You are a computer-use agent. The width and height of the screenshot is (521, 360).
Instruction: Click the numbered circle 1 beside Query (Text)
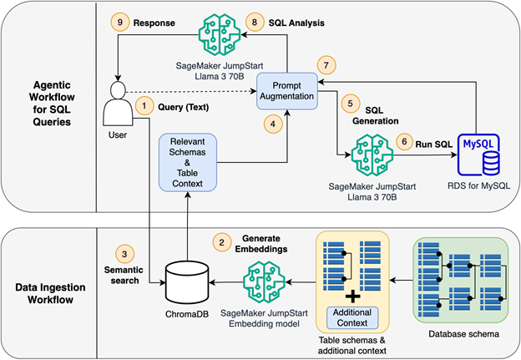pos(144,106)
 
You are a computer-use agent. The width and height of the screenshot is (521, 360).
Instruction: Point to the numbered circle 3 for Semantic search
pos(122,254)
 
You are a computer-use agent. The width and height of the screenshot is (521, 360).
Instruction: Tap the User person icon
pos(118,102)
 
